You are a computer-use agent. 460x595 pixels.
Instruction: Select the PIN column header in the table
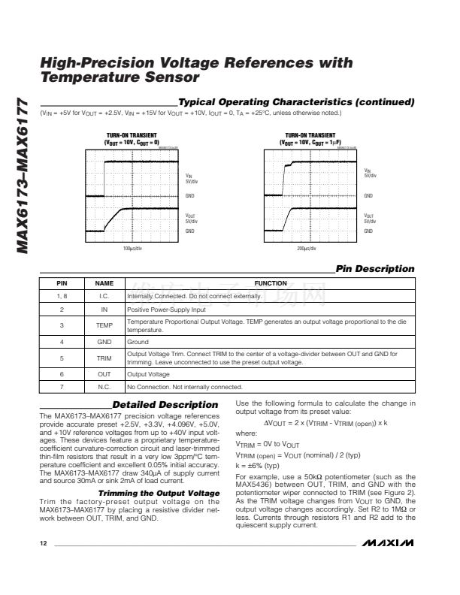pyautogui.click(x=62, y=283)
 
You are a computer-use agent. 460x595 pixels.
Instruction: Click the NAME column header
pyautogui.click(x=104, y=283)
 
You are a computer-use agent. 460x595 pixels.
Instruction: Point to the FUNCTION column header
pyautogui.click(x=271, y=283)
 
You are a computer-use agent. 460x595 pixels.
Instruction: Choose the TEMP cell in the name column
pyautogui.click(x=104, y=325)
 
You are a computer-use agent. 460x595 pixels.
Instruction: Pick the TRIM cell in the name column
pyautogui.click(x=104, y=358)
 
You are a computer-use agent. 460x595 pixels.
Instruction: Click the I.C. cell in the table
pyautogui.click(x=104, y=296)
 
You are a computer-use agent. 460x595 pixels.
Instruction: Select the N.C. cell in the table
pyautogui.click(x=104, y=387)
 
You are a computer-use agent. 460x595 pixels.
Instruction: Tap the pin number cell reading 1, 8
pyautogui.click(x=62, y=296)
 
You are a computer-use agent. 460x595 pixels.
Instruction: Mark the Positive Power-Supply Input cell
pyautogui.click(x=166, y=309)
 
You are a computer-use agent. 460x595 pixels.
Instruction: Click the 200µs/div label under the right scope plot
pyautogui.click(x=307, y=247)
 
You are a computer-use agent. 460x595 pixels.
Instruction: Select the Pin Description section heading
pyautogui.click(x=375, y=268)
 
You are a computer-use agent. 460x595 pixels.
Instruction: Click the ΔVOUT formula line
pyautogui.click(x=325, y=422)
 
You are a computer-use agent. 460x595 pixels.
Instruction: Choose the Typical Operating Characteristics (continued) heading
pyautogui.click(x=296, y=101)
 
